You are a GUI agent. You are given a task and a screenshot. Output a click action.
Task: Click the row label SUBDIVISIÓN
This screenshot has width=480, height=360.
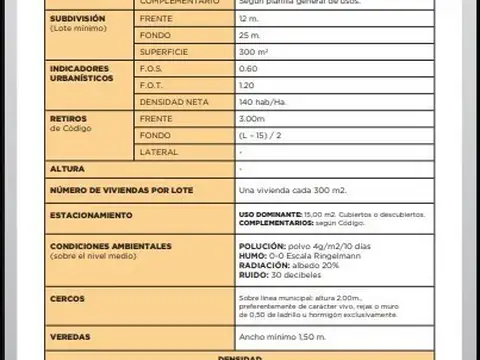pyautogui.click(x=74, y=19)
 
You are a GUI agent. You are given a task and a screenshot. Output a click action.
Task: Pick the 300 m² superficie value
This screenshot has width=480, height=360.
pyautogui.click(x=253, y=51)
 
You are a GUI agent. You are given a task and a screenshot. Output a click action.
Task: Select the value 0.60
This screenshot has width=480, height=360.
pyautogui.click(x=248, y=69)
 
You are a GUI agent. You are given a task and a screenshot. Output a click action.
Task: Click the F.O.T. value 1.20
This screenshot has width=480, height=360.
pyautogui.click(x=248, y=86)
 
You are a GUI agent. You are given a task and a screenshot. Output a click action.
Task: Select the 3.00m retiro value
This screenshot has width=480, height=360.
pyautogui.click(x=253, y=118)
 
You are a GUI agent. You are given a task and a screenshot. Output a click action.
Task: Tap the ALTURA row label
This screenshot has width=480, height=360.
pyautogui.click(x=66, y=169)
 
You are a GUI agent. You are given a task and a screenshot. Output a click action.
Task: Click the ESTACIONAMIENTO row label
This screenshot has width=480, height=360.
pyautogui.click(x=92, y=214)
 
